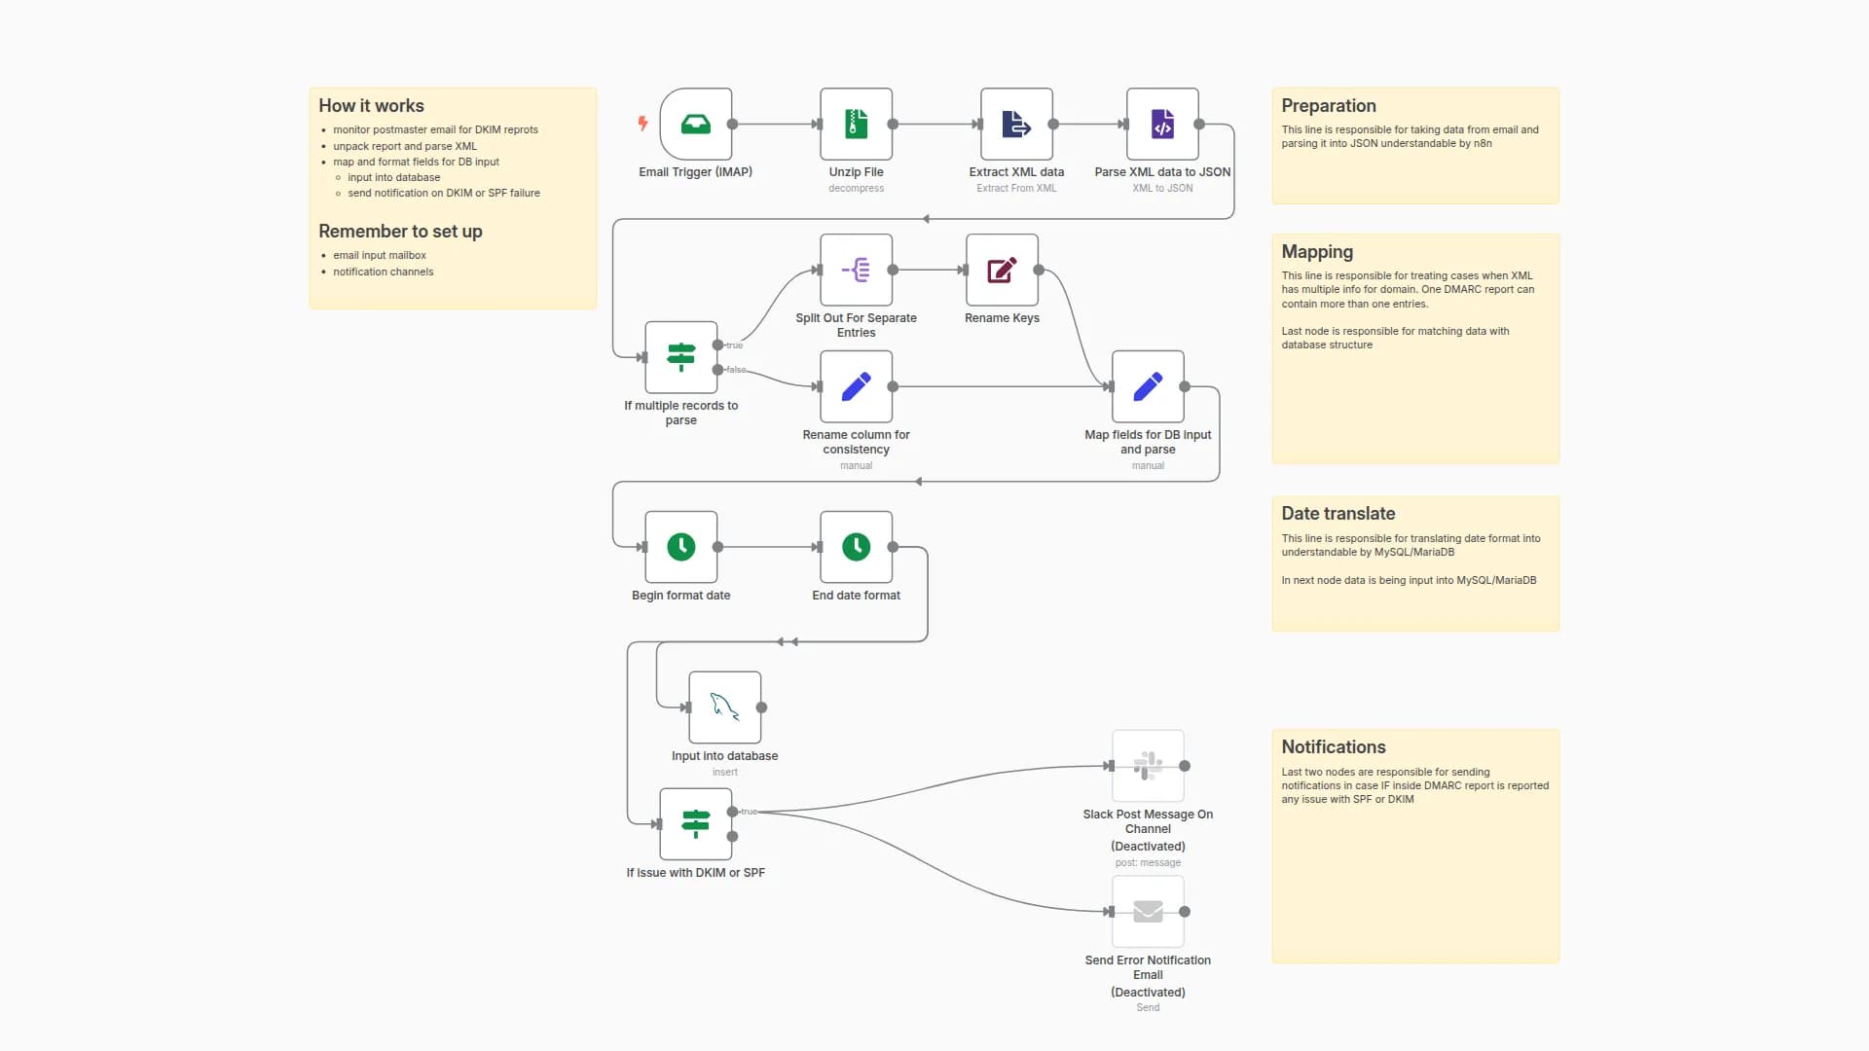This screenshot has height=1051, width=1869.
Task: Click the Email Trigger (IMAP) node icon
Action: click(x=695, y=125)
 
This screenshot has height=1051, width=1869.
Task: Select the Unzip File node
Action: click(x=856, y=125)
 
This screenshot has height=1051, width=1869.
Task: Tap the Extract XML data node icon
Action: click(x=1016, y=125)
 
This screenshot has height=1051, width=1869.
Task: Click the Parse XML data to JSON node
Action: click(x=1162, y=125)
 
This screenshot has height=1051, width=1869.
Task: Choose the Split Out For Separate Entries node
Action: click(x=856, y=271)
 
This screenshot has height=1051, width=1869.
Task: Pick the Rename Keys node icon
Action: click(x=1002, y=271)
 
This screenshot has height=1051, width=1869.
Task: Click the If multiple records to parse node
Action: click(x=680, y=357)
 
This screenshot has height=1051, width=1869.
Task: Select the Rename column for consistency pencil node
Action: click(x=856, y=386)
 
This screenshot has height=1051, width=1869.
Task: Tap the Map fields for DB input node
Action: click(x=1148, y=386)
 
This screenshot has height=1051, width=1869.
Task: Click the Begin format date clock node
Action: click(x=680, y=547)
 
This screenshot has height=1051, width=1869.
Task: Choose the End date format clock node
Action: click(x=856, y=547)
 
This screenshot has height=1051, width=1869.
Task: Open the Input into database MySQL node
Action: click(x=724, y=707)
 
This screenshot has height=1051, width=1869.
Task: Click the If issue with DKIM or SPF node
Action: click(x=695, y=824)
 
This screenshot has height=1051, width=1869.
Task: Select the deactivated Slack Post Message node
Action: click(x=1148, y=766)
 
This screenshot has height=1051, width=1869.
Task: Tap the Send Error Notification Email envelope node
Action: click(x=1148, y=912)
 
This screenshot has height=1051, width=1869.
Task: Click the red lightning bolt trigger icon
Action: click(x=642, y=123)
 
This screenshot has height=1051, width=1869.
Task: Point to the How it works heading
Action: click(x=371, y=106)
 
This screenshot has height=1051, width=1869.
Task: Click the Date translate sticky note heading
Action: click(x=1338, y=514)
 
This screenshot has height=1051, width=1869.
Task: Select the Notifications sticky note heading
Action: click(x=1333, y=747)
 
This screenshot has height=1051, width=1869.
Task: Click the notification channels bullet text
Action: click(x=383, y=272)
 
